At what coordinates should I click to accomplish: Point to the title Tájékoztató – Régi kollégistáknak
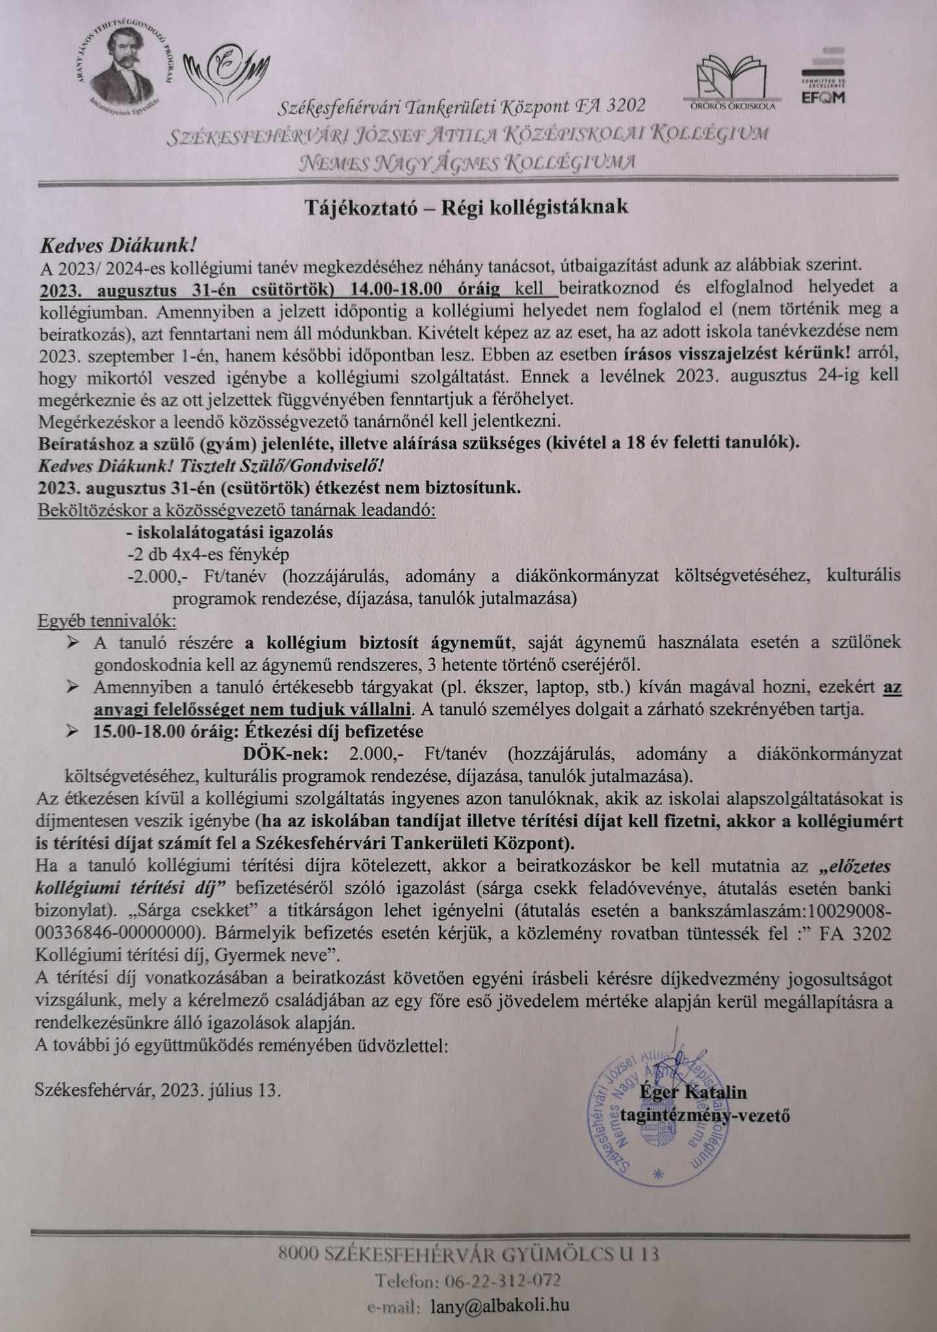coord(467,207)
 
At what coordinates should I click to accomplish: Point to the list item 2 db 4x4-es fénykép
coord(208,555)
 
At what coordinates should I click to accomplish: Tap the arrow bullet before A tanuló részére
coord(73,643)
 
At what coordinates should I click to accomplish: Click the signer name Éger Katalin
coord(693,1092)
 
